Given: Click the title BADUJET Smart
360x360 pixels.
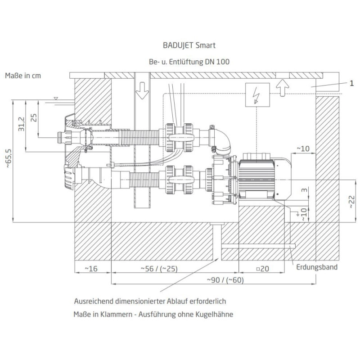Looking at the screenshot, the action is click(189, 45).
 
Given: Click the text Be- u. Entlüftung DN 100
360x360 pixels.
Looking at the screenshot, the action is click(189, 62).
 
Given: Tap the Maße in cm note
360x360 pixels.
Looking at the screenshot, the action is click(23, 76).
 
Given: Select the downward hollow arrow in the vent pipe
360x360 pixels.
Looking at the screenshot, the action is click(142, 90).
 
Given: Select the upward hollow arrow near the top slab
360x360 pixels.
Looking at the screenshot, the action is click(283, 88).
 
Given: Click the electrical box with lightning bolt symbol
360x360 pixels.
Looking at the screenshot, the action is click(257, 95).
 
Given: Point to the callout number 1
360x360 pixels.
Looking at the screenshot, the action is click(351, 83).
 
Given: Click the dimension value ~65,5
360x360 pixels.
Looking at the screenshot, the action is click(9, 158).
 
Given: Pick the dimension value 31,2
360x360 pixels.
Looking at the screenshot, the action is click(21, 124).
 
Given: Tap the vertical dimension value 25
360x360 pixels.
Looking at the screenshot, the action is click(34, 118).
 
